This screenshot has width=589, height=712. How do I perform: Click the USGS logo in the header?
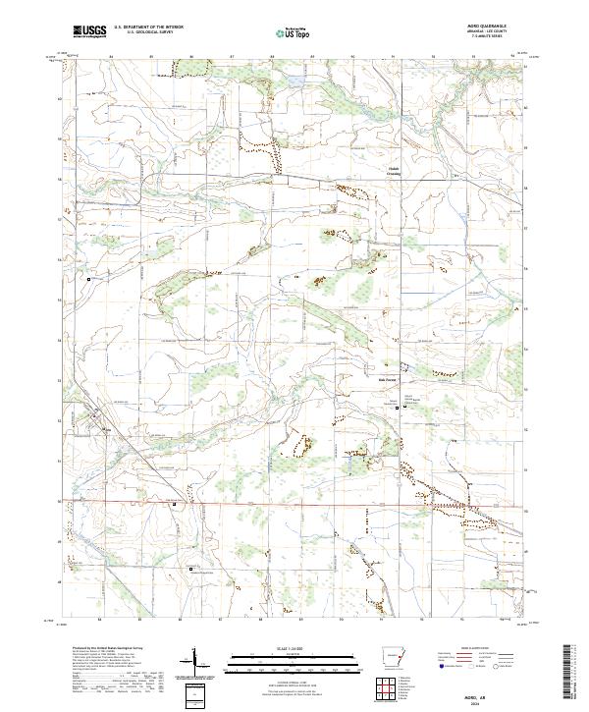[x=89, y=32]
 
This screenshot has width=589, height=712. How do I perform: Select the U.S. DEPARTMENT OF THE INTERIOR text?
[x=143, y=28]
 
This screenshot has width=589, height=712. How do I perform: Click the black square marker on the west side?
[x=90, y=279]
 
